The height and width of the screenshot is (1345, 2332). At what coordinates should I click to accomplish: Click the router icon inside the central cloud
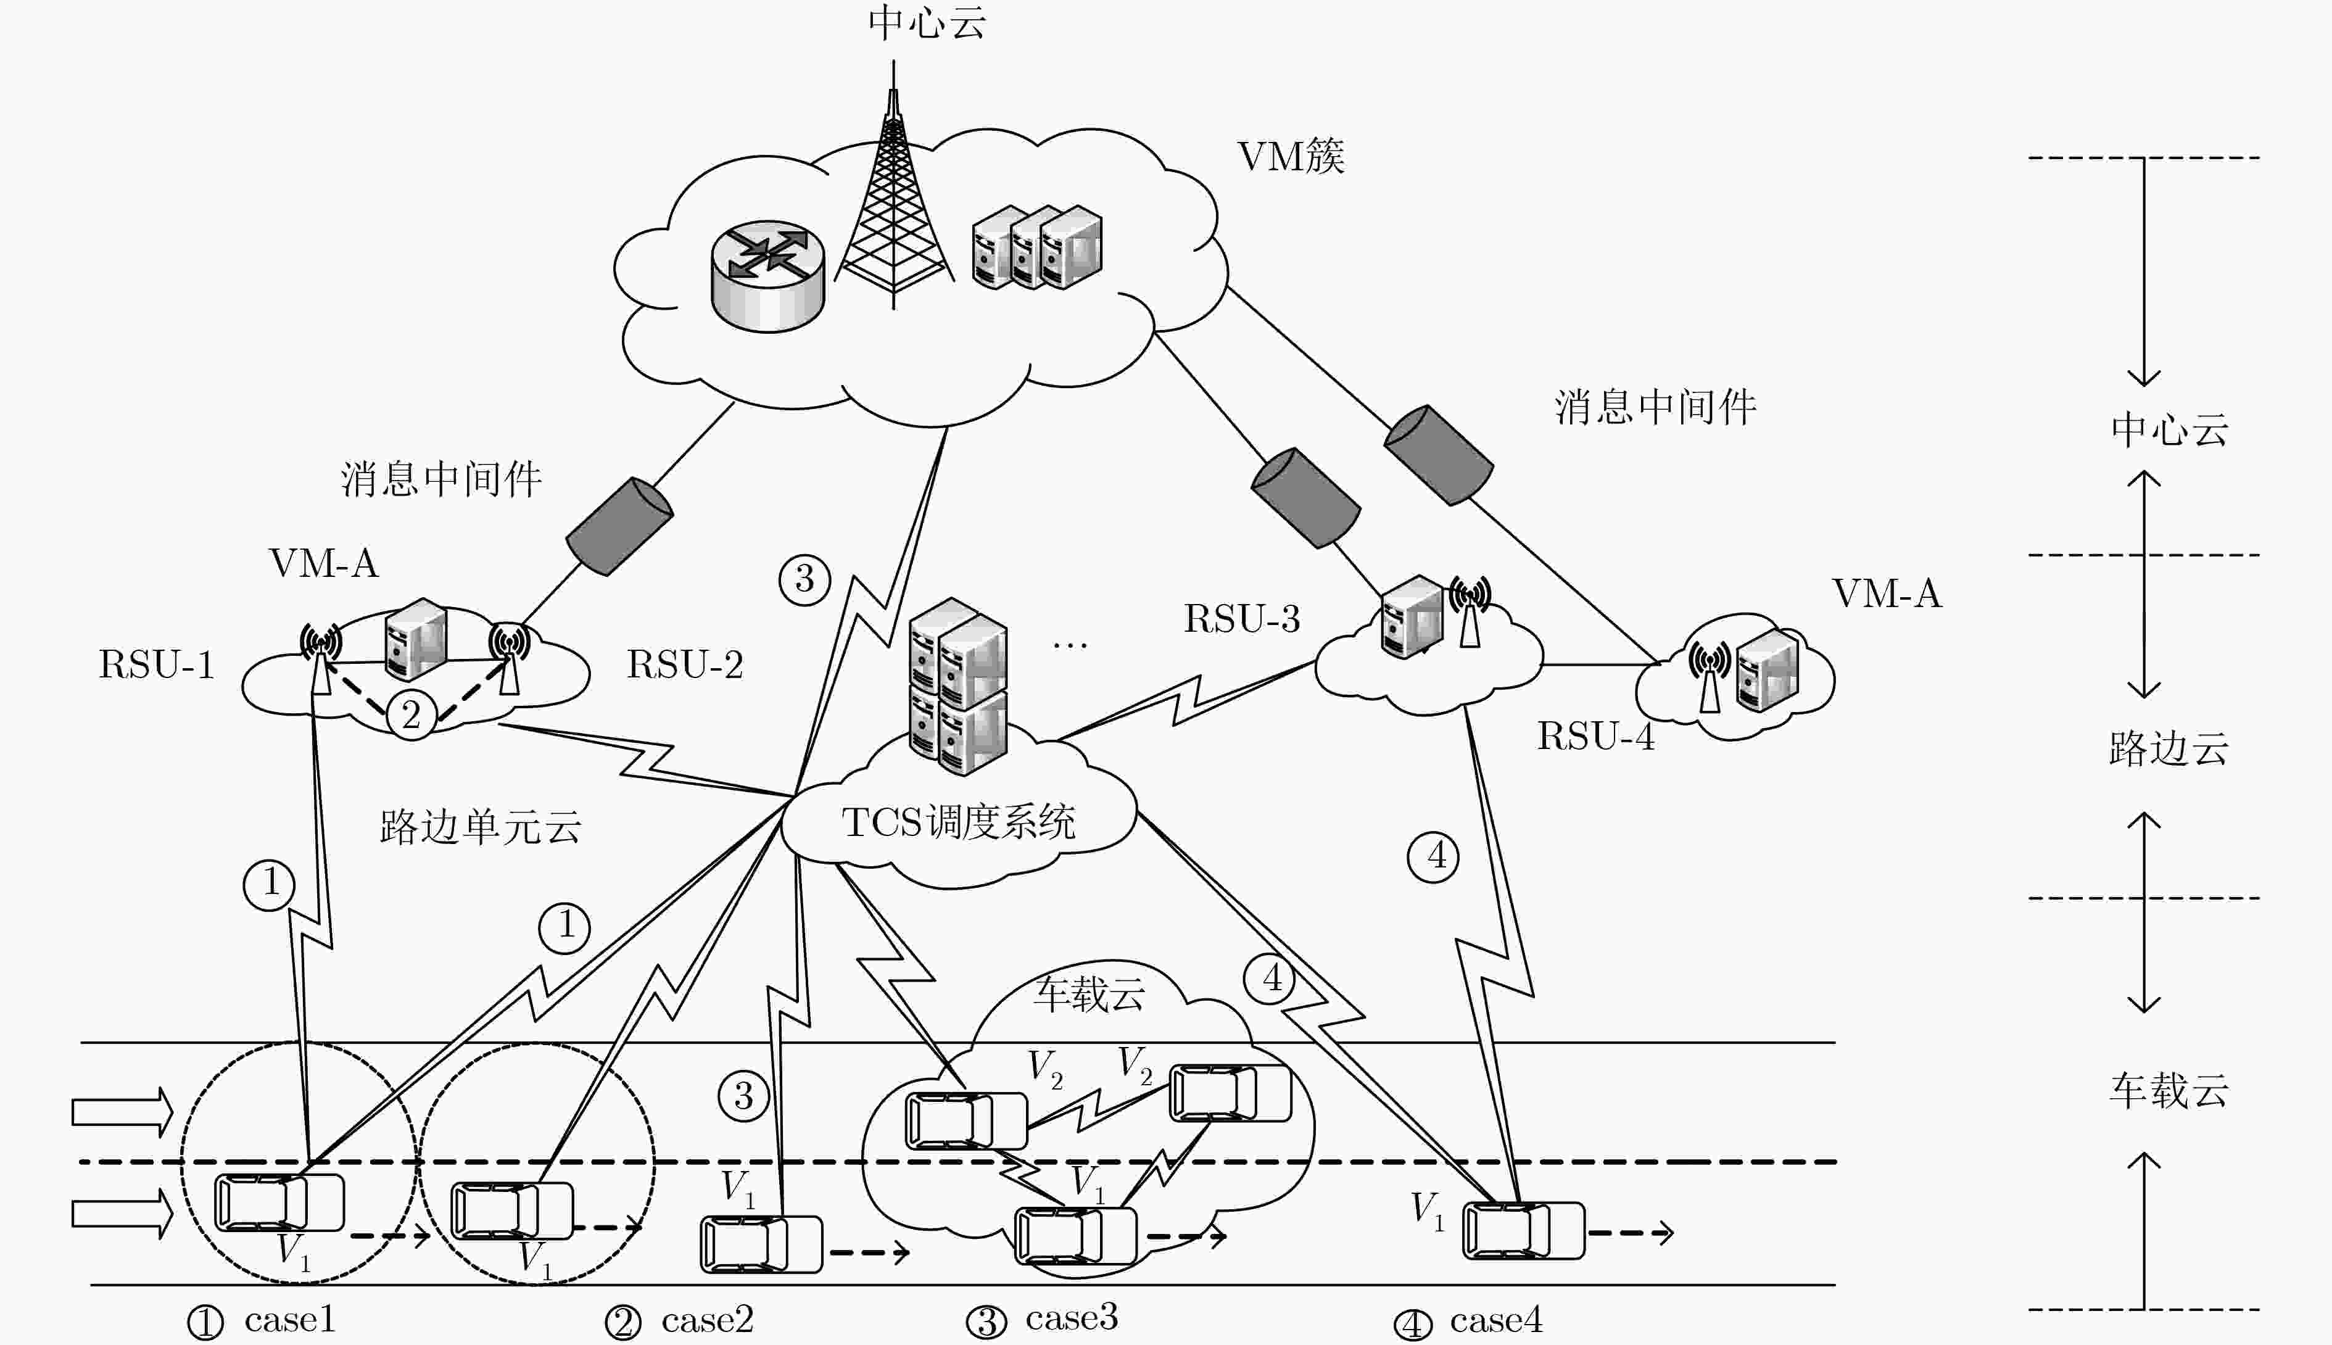click(x=767, y=275)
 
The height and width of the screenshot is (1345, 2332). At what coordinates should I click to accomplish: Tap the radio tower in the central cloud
click(x=893, y=184)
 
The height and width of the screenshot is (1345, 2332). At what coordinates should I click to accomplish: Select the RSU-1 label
click(x=157, y=665)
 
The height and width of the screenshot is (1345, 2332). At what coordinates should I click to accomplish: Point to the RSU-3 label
click(x=1242, y=619)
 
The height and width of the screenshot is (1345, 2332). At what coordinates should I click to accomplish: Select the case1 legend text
click(x=290, y=1320)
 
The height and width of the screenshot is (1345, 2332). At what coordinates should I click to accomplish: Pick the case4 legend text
click(x=1496, y=1320)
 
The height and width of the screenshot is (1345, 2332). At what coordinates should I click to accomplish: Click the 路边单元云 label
click(x=480, y=827)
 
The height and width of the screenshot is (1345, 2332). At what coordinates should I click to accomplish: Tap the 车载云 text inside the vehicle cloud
click(x=1090, y=994)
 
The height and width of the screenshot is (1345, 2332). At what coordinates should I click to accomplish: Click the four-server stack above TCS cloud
click(x=957, y=686)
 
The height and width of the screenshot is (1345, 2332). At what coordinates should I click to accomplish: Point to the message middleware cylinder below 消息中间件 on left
click(x=619, y=526)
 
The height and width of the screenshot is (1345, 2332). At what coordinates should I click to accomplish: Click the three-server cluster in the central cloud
click(x=1037, y=247)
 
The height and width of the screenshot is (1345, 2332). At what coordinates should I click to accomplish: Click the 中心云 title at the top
click(x=927, y=22)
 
